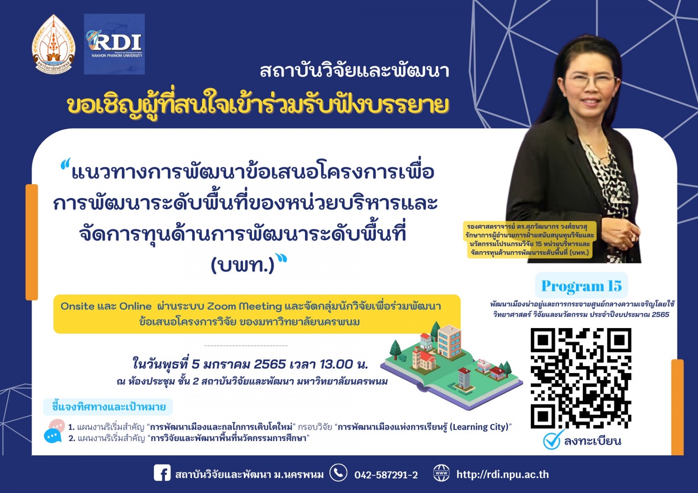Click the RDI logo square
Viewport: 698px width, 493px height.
(114, 44)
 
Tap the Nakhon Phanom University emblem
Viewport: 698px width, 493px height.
(53, 44)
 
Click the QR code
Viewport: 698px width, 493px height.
(581, 378)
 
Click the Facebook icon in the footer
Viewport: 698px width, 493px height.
(162, 473)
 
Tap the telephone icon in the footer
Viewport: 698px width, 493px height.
(338, 473)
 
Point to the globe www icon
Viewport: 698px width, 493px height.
(441, 473)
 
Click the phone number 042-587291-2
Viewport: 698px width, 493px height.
(386, 475)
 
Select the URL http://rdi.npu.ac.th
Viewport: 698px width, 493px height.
(503, 474)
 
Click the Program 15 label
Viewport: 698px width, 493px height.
(581, 286)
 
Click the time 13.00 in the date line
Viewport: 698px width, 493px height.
(336, 364)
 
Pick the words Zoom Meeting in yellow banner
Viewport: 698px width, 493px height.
(244, 306)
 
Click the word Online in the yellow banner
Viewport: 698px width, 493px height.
(135, 306)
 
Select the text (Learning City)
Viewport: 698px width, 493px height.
(479, 427)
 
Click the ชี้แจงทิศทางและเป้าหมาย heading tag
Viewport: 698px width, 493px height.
(108, 407)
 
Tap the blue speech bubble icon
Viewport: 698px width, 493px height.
(53, 436)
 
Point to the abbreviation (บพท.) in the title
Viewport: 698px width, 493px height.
(242, 265)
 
